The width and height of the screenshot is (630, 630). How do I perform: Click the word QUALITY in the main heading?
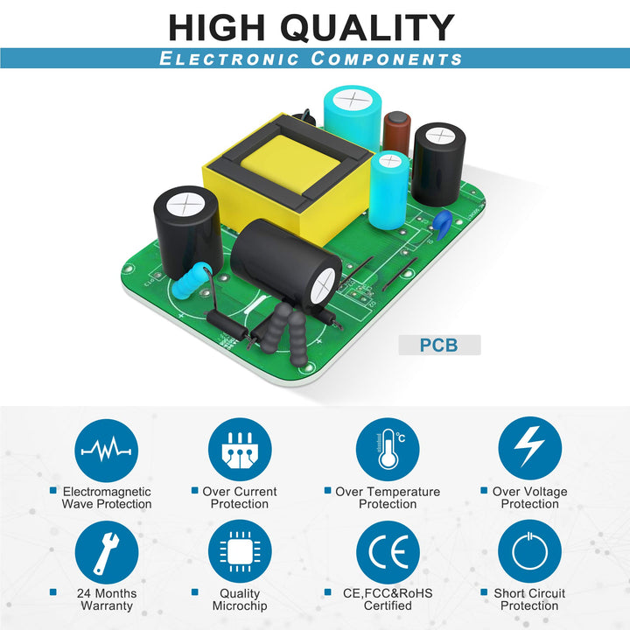(x=367, y=28)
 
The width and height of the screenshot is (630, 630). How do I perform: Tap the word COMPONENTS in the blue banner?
(x=387, y=59)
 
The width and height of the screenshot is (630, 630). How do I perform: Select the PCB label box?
(x=439, y=345)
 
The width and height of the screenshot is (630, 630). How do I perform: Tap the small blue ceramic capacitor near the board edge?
(x=444, y=224)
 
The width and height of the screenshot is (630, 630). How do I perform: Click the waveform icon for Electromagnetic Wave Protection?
(x=106, y=451)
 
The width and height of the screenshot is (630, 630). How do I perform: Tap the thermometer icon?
(x=388, y=449)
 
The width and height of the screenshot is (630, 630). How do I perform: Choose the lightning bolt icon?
(x=530, y=448)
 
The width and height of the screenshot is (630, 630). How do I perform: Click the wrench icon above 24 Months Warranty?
(x=107, y=552)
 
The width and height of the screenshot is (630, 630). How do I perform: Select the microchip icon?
(x=240, y=551)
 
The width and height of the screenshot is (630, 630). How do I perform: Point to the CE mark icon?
(x=388, y=552)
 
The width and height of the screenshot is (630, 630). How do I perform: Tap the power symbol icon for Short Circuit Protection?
(x=529, y=551)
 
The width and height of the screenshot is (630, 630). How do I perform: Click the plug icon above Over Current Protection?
(x=240, y=450)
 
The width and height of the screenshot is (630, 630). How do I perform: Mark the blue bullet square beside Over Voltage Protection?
(x=484, y=490)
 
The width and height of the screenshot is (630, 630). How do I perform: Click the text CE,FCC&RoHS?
(x=388, y=593)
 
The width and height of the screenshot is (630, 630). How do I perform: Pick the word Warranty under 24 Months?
(x=107, y=605)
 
